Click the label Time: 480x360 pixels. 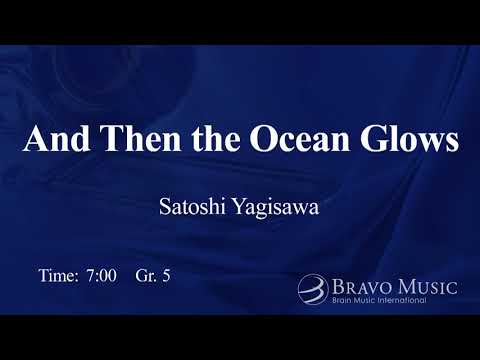57,275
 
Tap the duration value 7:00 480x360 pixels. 102,275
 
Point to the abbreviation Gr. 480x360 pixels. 143,275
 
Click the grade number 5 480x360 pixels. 166,275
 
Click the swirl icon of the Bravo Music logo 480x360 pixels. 311,289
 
